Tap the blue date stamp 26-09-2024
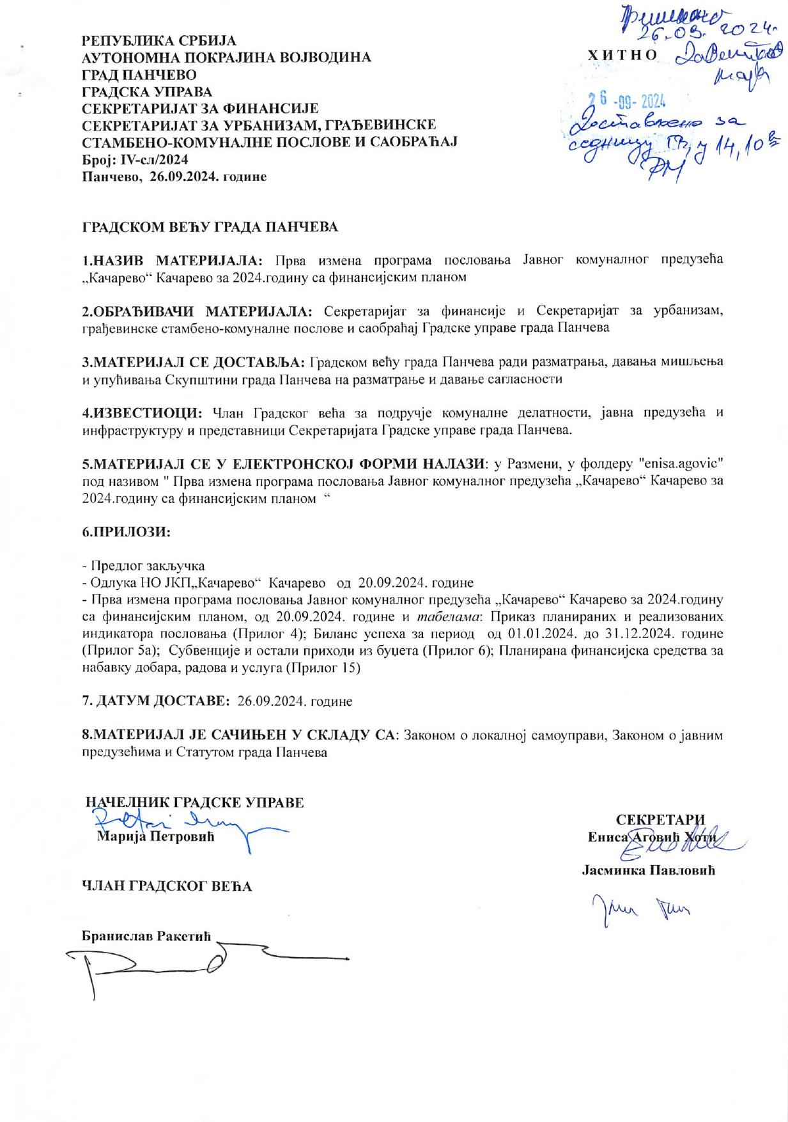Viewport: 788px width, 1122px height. coord(628,101)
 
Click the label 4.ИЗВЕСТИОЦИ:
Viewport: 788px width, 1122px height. coord(143,412)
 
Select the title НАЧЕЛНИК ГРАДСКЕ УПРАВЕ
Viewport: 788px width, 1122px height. coord(195,803)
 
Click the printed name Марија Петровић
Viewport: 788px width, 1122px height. coord(156,836)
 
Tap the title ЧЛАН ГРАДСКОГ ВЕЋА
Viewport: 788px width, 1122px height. coord(167,887)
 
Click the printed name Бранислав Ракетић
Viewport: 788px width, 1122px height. coord(146,935)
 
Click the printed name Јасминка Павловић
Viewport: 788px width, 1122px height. coord(648,870)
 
